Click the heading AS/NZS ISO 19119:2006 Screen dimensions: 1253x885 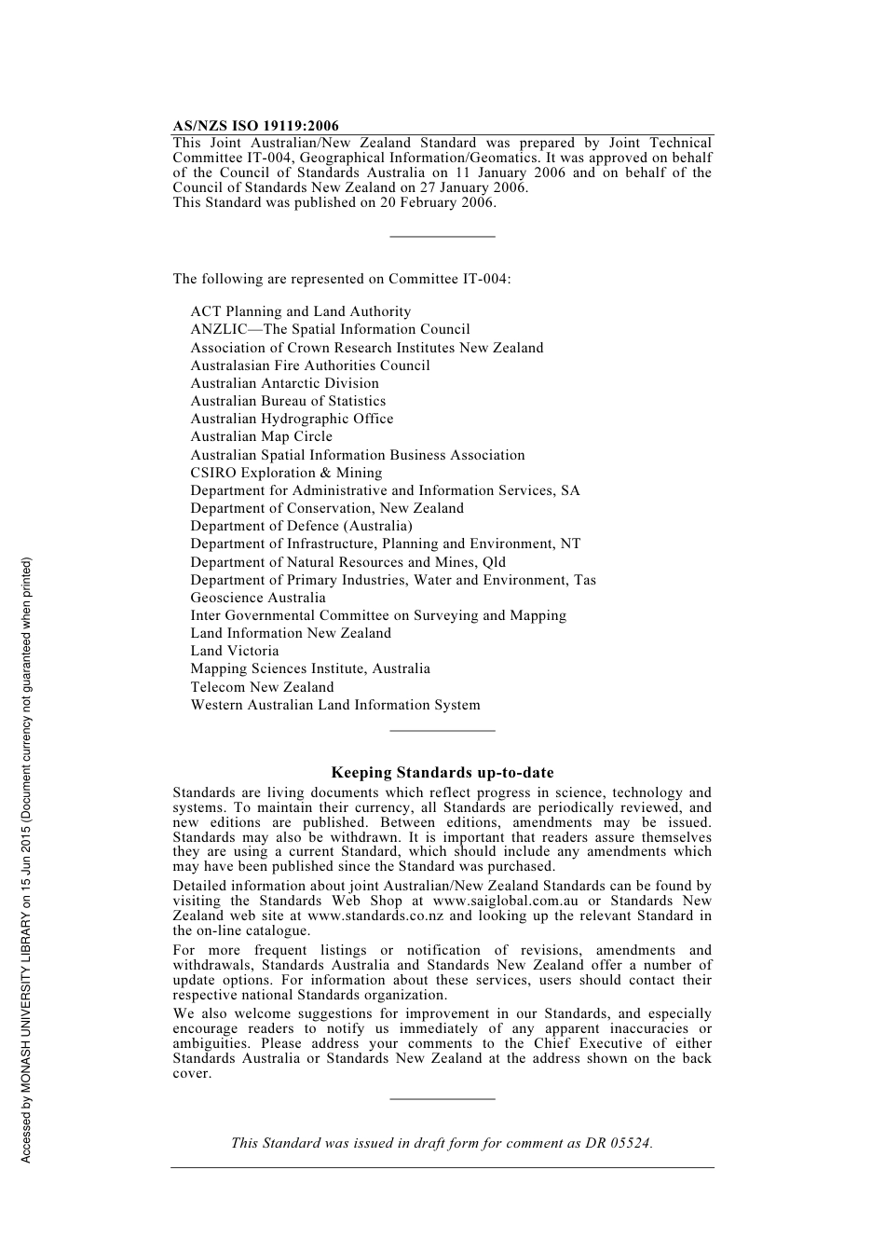click(255, 126)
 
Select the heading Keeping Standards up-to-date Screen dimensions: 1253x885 click(442, 773)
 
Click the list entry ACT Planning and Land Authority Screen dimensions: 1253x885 click(300, 312)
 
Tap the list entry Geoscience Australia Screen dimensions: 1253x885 click(258, 599)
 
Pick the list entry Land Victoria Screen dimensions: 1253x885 click(235, 652)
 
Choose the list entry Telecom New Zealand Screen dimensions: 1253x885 click(262, 687)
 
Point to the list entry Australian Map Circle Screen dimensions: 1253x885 click(261, 437)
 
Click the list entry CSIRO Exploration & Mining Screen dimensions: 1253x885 click(286, 473)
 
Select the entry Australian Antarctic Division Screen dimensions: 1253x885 click(284, 383)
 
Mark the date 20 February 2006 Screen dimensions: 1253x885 click(436, 202)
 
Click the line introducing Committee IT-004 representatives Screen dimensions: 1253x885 click(341, 279)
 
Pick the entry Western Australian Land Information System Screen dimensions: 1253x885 click(335, 706)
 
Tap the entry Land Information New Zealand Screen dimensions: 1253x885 click(291, 634)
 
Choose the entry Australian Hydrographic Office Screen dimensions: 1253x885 click(292, 420)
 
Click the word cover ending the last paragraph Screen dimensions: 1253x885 click(191, 1074)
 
